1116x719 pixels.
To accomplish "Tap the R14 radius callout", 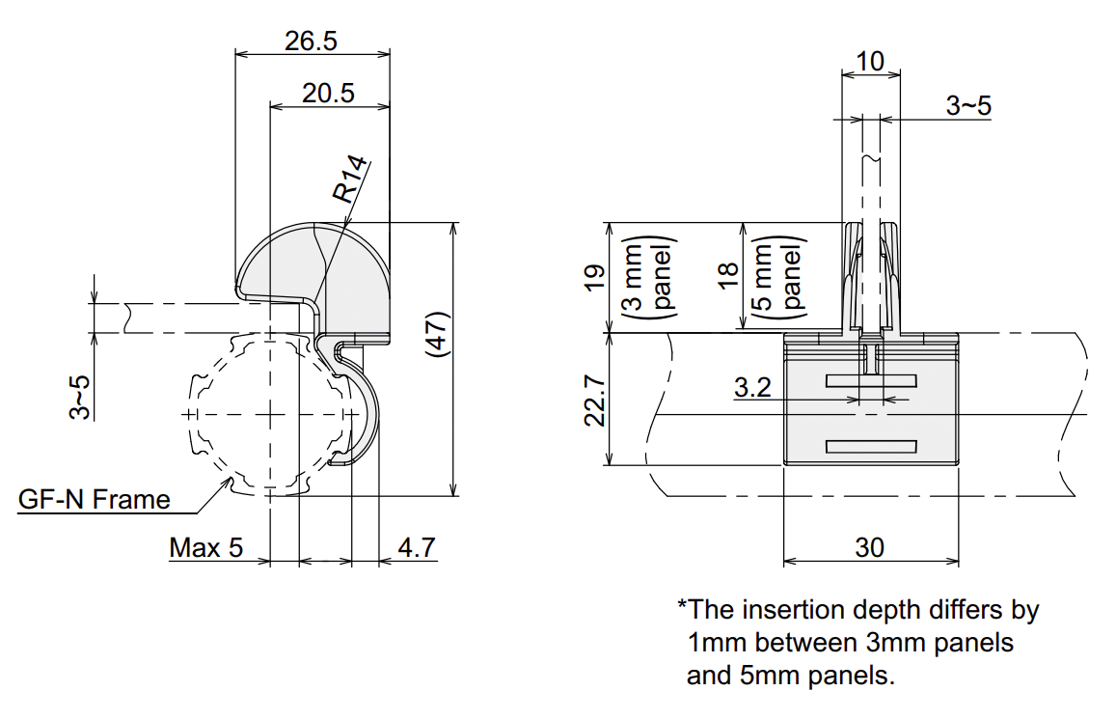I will click(x=351, y=180).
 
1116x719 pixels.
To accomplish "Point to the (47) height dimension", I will click(x=437, y=334).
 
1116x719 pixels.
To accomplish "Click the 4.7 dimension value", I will click(x=417, y=548).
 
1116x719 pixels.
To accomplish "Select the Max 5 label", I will click(x=206, y=548).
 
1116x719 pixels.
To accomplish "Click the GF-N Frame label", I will click(x=95, y=499).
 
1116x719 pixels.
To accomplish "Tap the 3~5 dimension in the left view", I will click(x=82, y=397).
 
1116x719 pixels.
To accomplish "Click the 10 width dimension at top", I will click(x=869, y=62).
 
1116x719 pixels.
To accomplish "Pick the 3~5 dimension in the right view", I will click(x=967, y=106).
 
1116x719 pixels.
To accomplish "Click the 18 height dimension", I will click(x=729, y=274).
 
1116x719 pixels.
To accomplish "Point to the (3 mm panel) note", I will click(x=649, y=277).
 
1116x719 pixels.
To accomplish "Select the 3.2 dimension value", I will click(x=752, y=388).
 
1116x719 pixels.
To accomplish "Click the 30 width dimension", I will click(x=869, y=547).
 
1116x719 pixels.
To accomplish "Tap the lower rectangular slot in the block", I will click(x=870, y=446).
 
